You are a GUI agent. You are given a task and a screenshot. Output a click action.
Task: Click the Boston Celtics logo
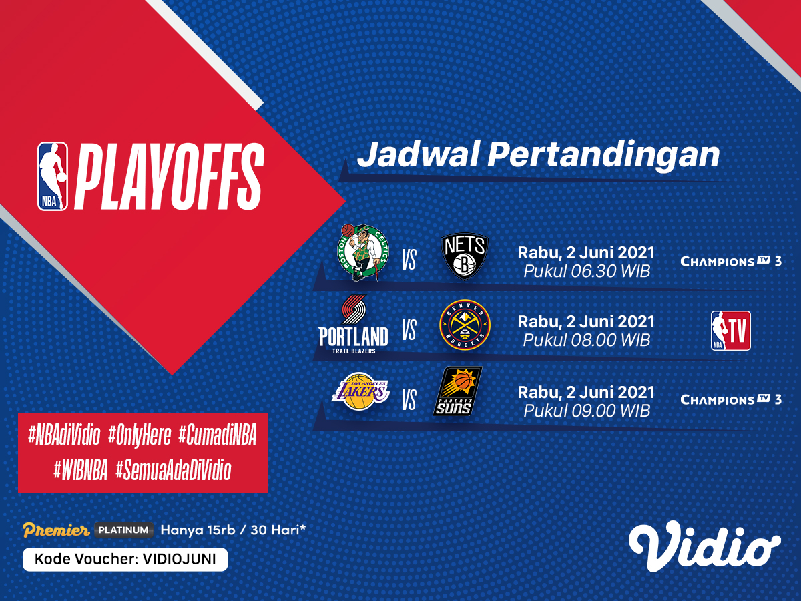[x=362, y=252]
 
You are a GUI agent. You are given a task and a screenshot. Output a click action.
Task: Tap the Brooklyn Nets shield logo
[x=464, y=257]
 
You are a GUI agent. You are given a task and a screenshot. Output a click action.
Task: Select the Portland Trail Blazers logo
[x=353, y=325]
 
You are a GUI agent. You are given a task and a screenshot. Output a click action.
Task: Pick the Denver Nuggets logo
[x=465, y=325]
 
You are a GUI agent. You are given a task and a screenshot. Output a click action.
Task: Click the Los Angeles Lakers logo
[x=360, y=391]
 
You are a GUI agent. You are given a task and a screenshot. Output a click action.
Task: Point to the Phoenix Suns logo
[x=458, y=391]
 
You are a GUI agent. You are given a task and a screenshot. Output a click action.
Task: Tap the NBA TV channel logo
[x=730, y=331]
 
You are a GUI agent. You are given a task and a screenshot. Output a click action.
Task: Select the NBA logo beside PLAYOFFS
[x=53, y=176]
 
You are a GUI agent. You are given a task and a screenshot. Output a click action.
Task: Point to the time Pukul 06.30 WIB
[x=587, y=271]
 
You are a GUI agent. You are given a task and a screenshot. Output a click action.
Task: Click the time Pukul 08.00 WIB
[x=587, y=340]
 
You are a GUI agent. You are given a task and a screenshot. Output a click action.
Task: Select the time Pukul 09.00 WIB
[x=587, y=411]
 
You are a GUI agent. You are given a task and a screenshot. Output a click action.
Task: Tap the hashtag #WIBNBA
[x=80, y=470]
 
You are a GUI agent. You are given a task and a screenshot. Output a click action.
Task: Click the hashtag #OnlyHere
[x=140, y=435]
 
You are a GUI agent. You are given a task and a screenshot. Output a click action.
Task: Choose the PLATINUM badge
[x=123, y=530]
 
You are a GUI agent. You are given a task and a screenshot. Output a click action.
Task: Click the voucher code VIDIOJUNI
[x=179, y=559]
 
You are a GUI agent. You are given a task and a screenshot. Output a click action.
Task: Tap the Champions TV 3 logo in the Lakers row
[x=731, y=399]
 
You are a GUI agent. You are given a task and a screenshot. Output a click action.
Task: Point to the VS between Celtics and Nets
[x=409, y=260]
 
